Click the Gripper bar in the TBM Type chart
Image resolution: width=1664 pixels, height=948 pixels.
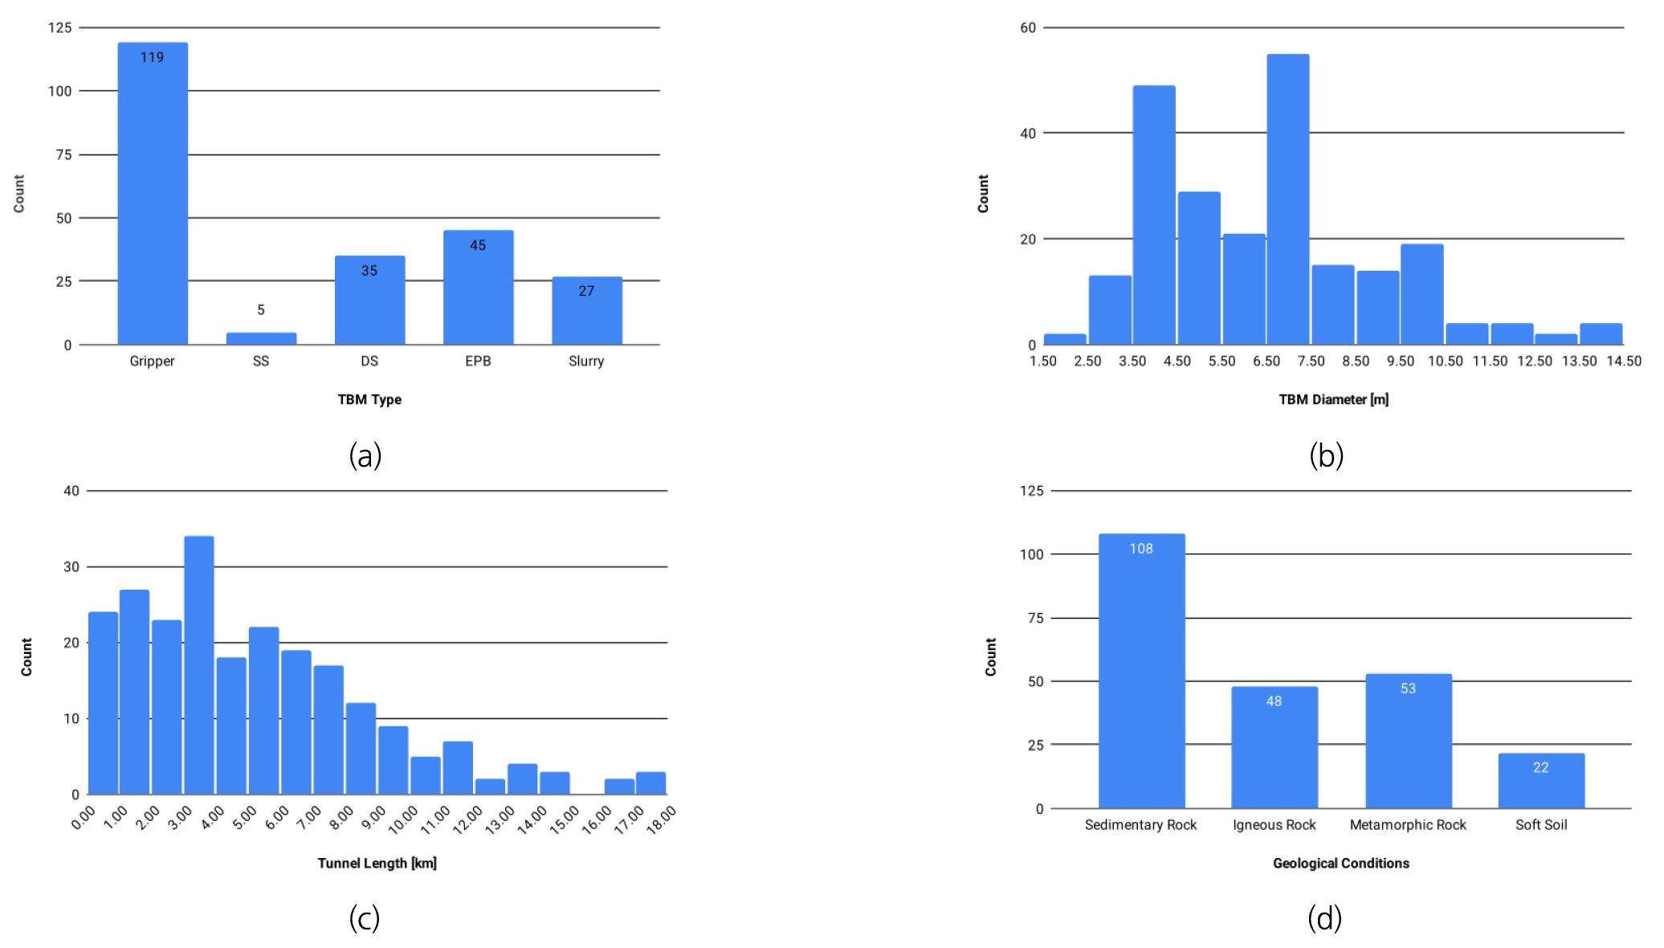tap(153, 193)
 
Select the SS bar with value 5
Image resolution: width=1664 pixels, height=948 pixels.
tap(261, 338)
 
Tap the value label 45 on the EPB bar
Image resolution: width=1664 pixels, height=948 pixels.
tap(478, 245)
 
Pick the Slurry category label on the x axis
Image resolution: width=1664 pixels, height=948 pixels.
tap(586, 361)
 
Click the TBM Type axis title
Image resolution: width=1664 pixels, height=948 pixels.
tap(369, 399)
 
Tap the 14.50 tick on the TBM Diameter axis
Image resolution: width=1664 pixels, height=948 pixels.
tap(1623, 361)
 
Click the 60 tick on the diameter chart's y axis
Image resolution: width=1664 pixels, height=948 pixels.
tap(1028, 27)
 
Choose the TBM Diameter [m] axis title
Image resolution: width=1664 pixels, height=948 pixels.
tap(1333, 399)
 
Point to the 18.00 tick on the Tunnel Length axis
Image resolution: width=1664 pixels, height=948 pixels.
tap(662, 819)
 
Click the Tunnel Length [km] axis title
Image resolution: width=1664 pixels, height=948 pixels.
tap(377, 863)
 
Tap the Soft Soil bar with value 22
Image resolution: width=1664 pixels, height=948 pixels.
tap(1541, 781)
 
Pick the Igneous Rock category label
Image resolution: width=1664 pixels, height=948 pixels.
tap(1274, 824)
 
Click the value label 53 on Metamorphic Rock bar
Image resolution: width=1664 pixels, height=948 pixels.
tap(1408, 689)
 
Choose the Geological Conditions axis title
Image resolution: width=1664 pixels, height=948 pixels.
tap(1340, 863)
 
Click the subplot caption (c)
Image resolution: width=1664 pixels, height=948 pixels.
tap(364, 917)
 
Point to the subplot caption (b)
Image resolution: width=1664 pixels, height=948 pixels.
tap(1326, 456)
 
